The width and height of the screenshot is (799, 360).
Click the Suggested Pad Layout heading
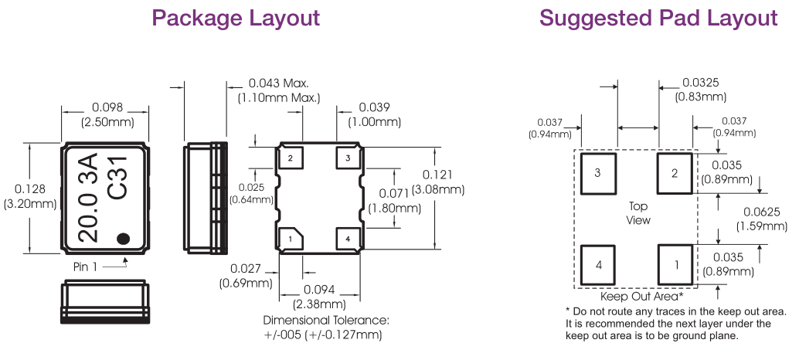(x=658, y=18)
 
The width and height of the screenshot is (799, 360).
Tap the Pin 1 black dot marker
(x=123, y=238)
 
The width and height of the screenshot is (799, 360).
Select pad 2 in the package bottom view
(x=291, y=158)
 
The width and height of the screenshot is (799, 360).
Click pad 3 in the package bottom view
(x=348, y=158)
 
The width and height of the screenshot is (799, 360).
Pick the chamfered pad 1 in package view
(x=291, y=239)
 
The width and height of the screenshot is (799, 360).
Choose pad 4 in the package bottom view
(x=348, y=239)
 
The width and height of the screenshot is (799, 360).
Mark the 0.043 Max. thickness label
(x=278, y=83)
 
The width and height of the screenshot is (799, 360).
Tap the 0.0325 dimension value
(x=701, y=83)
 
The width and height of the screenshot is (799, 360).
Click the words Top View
(x=637, y=213)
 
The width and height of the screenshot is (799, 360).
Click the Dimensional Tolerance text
(x=325, y=320)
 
